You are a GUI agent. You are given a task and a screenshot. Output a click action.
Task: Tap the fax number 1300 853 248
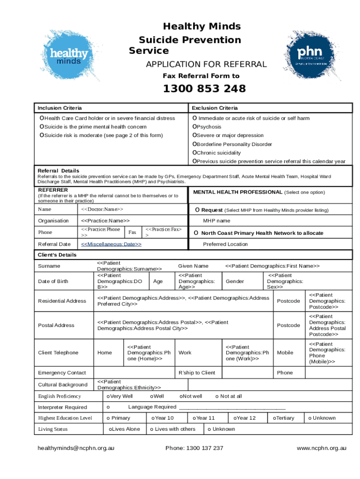[204, 89]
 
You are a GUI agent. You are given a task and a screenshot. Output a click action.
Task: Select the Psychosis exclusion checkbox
[195, 127]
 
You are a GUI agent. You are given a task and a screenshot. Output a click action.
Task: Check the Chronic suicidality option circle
[195, 153]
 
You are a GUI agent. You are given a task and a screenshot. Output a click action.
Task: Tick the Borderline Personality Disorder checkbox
[195, 145]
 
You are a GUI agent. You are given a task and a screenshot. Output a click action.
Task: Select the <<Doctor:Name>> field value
[102, 210]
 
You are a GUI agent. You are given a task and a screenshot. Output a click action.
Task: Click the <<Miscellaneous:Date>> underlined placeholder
[111, 244]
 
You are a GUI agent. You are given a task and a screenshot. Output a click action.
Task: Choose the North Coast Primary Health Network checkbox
[196, 233]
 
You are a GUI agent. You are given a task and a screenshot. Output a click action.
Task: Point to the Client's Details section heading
[57, 255]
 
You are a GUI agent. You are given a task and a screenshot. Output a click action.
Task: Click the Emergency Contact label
[62, 373]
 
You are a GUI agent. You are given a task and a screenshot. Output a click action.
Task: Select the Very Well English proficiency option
[108, 396]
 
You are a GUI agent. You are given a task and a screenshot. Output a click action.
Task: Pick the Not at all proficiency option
[217, 396]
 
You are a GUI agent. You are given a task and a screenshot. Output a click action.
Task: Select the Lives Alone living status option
[110, 429]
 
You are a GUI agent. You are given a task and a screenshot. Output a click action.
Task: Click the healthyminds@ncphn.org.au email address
[76, 448]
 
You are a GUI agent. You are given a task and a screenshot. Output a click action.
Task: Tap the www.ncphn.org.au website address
[322, 448]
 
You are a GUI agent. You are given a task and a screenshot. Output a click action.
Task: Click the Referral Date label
[54, 244]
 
